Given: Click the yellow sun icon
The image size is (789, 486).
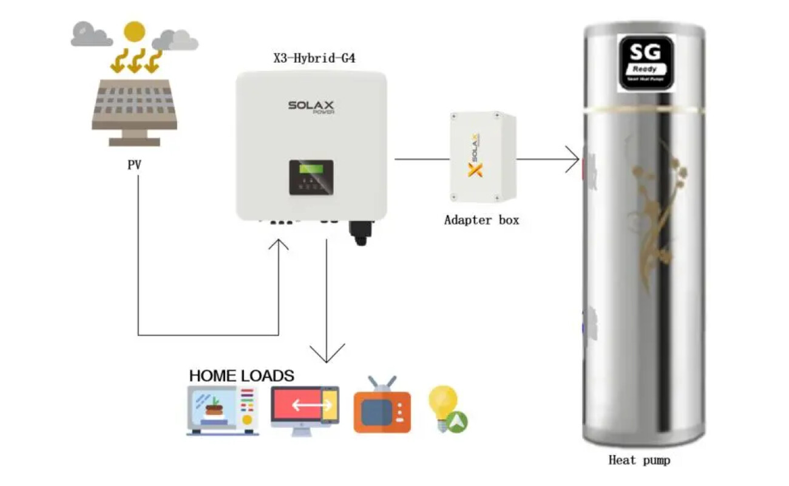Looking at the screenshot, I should (x=134, y=31).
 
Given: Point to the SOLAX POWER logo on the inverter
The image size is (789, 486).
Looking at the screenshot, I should (x=311, y=107).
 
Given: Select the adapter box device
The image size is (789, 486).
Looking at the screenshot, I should (x=483, y=157).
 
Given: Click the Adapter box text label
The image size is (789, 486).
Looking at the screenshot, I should (x=481, y=220).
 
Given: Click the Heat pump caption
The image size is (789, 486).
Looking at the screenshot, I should (x=639, y=460).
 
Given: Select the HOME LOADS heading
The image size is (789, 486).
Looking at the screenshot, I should (x=242, y=375).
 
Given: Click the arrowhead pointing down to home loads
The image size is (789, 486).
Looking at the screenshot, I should (x=327, y=354).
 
